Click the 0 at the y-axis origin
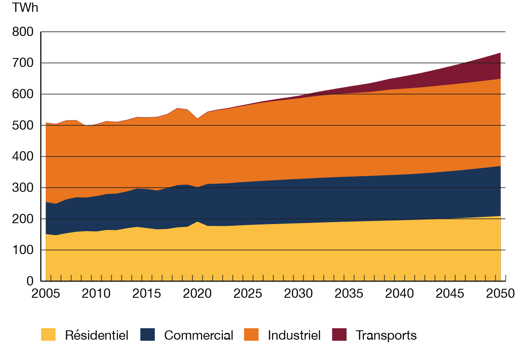(30, 281)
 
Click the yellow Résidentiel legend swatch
(48, 335)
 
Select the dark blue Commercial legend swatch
(147, 335)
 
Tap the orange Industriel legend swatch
(251, 335)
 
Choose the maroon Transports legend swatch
(339, 335)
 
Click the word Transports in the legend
(386, 335)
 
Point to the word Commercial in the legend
(198, 335)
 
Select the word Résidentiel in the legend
(96, 335)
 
